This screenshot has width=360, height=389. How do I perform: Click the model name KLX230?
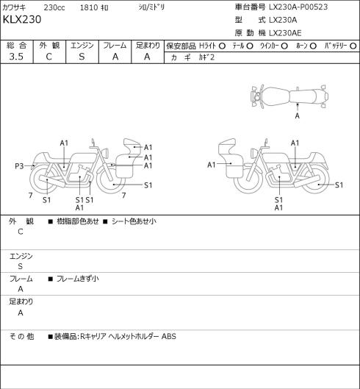[x=22, y=20]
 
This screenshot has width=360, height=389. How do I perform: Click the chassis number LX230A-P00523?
[x=298, y=7]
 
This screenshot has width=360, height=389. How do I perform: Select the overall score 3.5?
[x=16, y=57]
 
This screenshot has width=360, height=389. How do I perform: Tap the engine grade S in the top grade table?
[x=82, y=57]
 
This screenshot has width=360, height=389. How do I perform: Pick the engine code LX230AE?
[x=285, y=33]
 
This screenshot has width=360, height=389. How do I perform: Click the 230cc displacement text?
[x=54, y=7]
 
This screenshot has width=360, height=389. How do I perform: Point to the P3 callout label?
[x=19, y=165]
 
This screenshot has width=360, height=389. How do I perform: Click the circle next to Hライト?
[x=222, y=46]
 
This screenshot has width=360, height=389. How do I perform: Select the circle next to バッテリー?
[x=353, y=46]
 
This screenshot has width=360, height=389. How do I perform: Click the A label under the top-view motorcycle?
[x=298, y=115]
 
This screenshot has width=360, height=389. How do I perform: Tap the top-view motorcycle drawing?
[x=289, y=96]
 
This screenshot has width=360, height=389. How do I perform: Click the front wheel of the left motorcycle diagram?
[x=111, y=179]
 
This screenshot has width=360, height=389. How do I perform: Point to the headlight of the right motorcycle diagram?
[x=253, y=152]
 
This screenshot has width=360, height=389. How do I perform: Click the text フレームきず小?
[x=78, y=279]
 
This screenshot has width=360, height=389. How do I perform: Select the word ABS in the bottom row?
[x=169, y=336]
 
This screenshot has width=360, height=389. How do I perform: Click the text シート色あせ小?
[x=134, y=221]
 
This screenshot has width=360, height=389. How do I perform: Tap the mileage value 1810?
[x=89, y=7]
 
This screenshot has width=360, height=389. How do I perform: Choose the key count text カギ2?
[x=206, y=57]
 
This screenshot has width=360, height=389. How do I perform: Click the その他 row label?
[x=21, y=336]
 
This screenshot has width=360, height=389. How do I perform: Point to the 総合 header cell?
[x=17, y=46]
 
